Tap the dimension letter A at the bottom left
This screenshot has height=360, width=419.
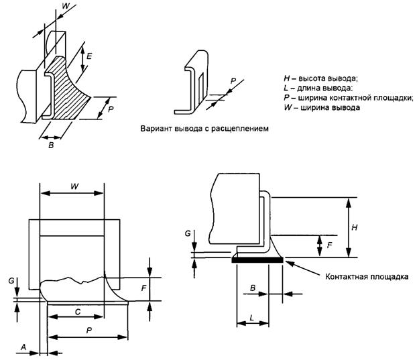pyautogui.click(x=24, y=347)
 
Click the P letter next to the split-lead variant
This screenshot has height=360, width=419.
pyautogui.click(x=232, y=79)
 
